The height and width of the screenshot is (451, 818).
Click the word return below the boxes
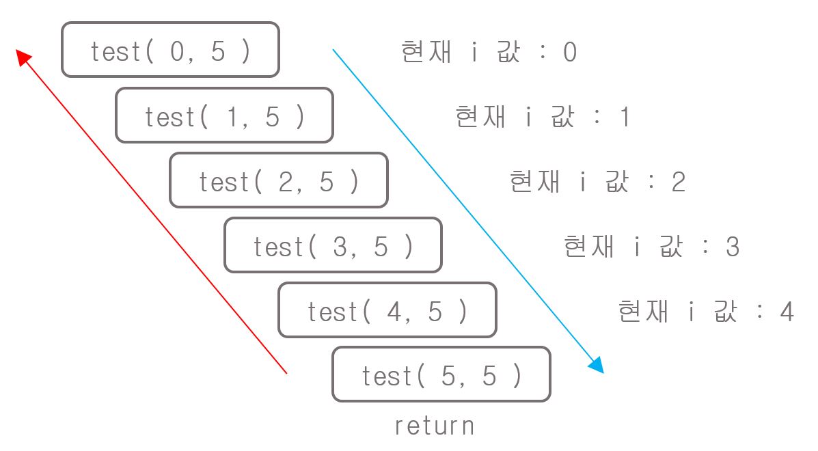pos(434,426)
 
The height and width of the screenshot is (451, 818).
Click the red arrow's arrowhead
pos(24,57)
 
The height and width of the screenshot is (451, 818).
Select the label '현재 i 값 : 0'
pos(489,53)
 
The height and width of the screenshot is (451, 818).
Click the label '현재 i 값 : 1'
pos(543,118)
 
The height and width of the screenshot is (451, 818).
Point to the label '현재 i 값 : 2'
pos(597,182)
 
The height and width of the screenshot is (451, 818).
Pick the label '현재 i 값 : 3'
pos(651,247)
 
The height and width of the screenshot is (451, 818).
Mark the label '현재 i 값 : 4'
pos(705,312)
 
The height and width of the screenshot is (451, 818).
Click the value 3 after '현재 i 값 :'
pos(733,247)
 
